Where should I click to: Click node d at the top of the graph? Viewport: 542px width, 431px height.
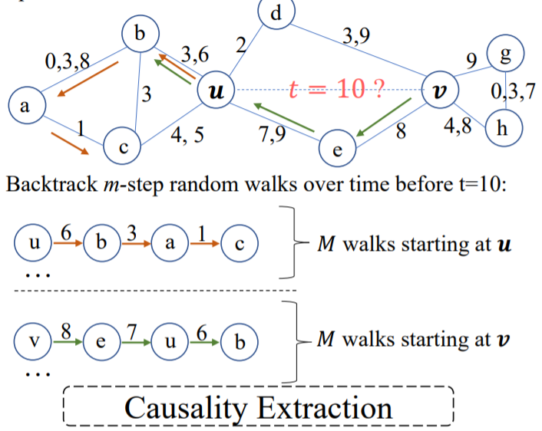pos(276,13)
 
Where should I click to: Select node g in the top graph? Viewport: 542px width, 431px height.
pos(508,53)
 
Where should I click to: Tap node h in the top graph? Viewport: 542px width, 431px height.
pos(503,127)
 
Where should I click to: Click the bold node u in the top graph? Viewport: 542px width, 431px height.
pos(216,92)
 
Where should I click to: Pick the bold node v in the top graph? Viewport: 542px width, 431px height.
pos(439,91)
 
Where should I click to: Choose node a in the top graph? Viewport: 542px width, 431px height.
pos(25,107)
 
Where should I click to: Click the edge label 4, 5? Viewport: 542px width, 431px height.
pos(187,135)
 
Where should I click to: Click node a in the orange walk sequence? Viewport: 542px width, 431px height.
pos(170,243)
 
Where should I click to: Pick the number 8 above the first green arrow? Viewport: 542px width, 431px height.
pos(66,332)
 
